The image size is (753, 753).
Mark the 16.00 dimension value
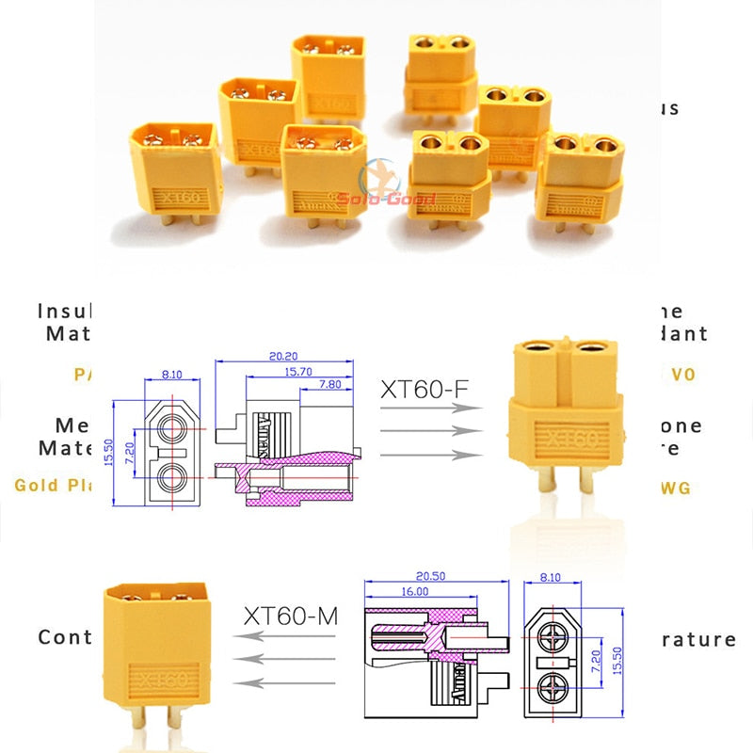[x=414, y=591]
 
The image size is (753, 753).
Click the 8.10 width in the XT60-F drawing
[x=172, y=374]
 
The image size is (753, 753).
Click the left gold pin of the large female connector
[x=545, y=482]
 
